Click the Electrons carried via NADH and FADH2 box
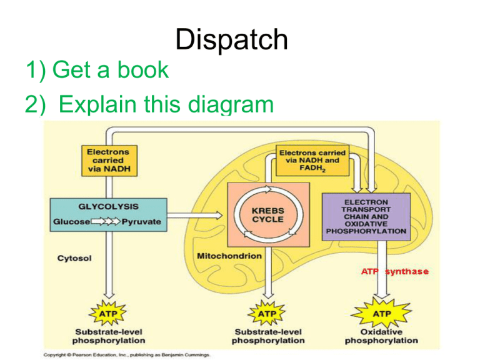[312, 161]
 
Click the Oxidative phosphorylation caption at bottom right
[381, 336]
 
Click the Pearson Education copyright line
[127, 354]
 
